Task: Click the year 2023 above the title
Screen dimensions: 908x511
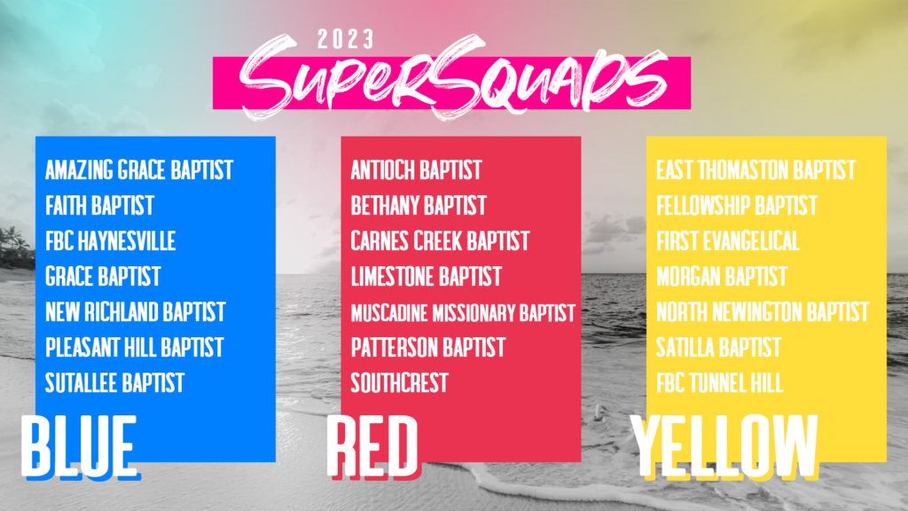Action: point(346,39)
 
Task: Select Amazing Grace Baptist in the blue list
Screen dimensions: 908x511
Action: point(139,170)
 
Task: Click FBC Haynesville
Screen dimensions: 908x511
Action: point(111,241)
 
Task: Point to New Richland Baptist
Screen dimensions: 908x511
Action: point(135,311)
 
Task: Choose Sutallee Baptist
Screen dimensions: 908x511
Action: point(114,383)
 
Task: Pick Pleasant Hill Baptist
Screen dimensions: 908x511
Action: point(135,348)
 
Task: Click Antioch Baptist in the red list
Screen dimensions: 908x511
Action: point(417,170)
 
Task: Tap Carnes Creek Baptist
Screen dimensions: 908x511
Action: point(440,241)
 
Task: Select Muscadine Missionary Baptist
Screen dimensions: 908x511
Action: point(463,313)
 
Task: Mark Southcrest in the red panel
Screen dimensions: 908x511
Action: point(400,383)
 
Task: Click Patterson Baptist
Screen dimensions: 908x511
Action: point(428,348)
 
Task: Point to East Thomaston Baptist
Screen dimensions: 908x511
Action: point(756,170)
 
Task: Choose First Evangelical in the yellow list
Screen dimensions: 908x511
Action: point(728,241)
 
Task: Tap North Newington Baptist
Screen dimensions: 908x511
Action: point(763,311)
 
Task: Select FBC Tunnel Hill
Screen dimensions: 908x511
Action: point(720,383)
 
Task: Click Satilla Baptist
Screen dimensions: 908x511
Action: point(718,348)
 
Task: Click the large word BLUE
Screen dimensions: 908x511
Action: point(80,447)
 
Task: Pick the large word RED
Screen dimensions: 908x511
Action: point(373,447)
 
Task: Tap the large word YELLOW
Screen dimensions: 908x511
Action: point(724,447)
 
